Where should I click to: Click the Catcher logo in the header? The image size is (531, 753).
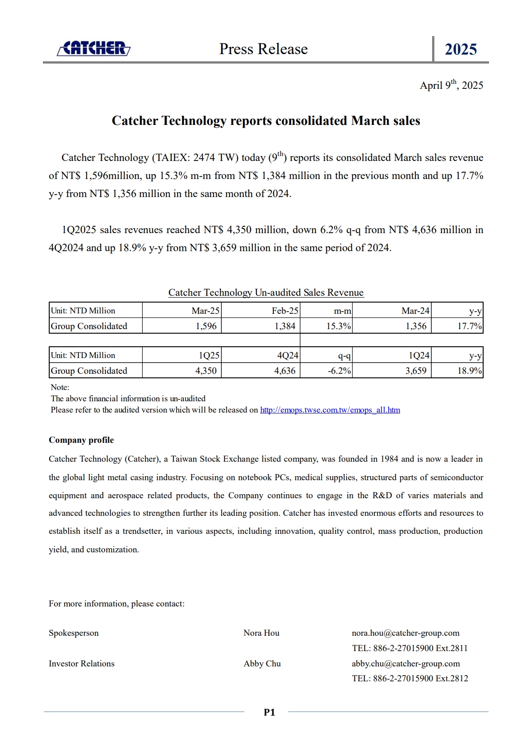[x=94, y=48]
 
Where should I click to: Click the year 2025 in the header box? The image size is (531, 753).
[x=461, y=49]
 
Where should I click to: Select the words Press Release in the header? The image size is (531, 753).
[x=263, y=49]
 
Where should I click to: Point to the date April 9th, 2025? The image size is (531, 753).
[x=451, y=85]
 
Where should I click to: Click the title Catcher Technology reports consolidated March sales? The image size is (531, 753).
[x=265, y=121]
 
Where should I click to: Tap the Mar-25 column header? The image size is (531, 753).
[x=205, y=311]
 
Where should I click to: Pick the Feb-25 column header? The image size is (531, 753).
[x=285, y=311]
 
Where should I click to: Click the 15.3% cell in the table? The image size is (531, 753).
[x=339, y=326]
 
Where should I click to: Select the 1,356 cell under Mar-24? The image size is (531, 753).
[x=416, y=326]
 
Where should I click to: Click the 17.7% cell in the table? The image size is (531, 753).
[x=469, y=326]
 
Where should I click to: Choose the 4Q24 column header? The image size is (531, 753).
[x=288, y=355]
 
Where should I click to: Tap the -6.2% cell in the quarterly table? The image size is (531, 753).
[x=340, y=371]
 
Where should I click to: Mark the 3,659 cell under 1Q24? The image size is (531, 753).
[x=416, y=371]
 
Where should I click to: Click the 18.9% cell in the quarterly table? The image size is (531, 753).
[x=469, y=371]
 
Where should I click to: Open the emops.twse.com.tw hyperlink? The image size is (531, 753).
[x=330, y=410]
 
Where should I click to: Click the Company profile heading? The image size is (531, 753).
[x=81, y=440]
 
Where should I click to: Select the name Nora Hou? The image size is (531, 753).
[x=261, y=633]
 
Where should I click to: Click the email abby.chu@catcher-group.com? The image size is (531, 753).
[x=405, y=664]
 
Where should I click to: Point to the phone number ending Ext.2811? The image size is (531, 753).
[x=410, y=648]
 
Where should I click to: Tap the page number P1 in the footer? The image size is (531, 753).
[x=269, y=712]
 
